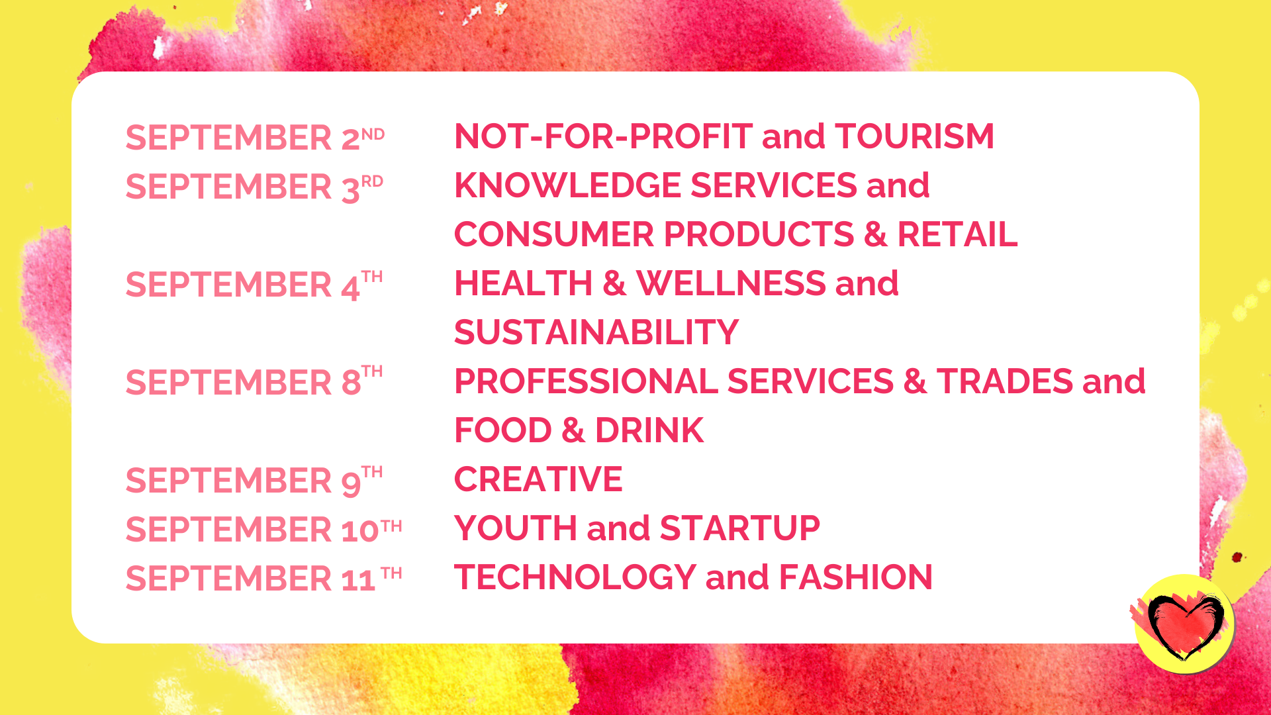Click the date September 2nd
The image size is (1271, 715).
tap(255, 138)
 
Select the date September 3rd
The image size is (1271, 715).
tap(254, 187)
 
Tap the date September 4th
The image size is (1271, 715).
tap(254, 285)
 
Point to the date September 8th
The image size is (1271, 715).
tap(254, 381)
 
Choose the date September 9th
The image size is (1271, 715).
tap(254, 481)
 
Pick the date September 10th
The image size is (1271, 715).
tap(263, 530)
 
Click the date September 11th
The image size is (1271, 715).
tap(263, 579)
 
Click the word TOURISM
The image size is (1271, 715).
tap(914, 136)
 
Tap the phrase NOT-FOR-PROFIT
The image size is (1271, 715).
tap(603, 136)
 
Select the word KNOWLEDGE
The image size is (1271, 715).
tap(567, 185)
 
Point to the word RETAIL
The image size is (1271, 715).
tap(957, 234)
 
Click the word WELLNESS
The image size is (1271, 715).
tap(731, 283)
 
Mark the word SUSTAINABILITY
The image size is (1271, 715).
tap(596, 332)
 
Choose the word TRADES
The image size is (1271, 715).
tap(1004, 381)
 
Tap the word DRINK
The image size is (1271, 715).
tap(649, 430)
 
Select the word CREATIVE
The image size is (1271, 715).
tap(538, 479)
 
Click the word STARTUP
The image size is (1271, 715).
tap(740, 528)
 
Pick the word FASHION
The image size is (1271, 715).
tap(855, 577)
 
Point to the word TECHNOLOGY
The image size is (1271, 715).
tap(575, 577)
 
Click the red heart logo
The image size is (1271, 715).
tap(1185, 624)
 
